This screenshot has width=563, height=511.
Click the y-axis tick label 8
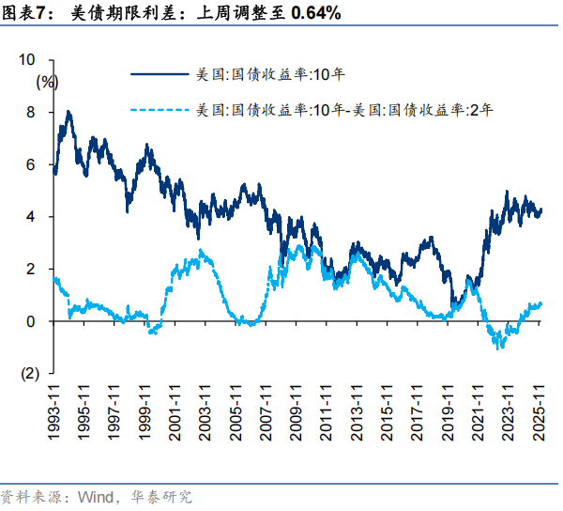(31, 112)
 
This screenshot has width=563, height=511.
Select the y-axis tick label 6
(31, 164)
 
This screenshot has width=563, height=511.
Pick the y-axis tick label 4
(31, 217)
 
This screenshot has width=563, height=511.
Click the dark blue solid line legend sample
(160, 72)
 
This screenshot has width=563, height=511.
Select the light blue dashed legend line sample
(160, 110)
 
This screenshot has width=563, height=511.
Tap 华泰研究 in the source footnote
(160, 497)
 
